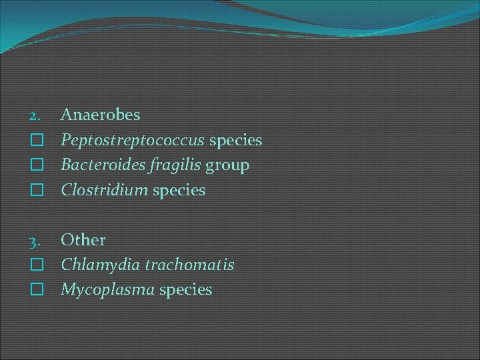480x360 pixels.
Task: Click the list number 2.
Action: (x=35, y=115)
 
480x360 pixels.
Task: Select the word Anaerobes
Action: (x=101, y=115)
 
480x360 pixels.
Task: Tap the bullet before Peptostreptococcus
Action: (x=37, y=141)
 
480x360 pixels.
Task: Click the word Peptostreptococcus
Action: (x=133, y=141)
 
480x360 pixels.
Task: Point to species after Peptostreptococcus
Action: (x=236, y=141)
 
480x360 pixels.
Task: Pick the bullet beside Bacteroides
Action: (x=37, y=165)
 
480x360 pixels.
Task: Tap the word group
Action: (x=227, y=165)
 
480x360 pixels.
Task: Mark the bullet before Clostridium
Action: (x=37, y=190)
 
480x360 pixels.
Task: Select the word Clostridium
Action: (x=104, y=190)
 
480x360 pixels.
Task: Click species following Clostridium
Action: (x=179, y=190)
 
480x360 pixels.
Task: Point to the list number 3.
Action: (x=35, y=240)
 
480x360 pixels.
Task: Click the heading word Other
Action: (x=83, y=239)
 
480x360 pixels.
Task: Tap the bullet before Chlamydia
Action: (x=37, y=265)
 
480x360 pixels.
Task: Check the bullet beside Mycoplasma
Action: (x=37, y=289)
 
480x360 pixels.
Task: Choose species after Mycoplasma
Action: (x=185, y=289)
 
